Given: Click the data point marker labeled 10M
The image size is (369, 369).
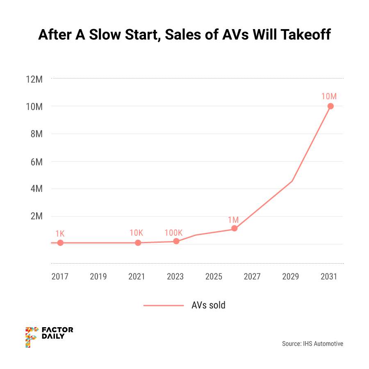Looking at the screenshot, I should point(330,106).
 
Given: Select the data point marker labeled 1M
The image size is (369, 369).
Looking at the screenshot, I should point(234,228).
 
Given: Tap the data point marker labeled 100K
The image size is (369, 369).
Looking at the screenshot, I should point(176,241).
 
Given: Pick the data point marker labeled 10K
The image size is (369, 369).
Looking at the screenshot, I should point(138,243).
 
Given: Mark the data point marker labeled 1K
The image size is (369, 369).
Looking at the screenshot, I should point(60,243).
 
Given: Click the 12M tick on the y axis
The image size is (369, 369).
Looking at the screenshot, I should point(34,79).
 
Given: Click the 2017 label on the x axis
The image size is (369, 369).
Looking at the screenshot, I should point(60,277).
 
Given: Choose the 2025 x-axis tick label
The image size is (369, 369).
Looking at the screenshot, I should point(214,277).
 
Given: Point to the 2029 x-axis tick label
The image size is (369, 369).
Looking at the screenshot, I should point(291,277).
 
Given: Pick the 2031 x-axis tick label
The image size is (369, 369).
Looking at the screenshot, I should point(329,277).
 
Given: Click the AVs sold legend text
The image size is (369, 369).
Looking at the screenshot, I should point(208,305).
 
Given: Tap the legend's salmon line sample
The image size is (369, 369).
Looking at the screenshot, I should point(164,305).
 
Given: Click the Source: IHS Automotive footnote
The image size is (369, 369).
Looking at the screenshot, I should point(312,344).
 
